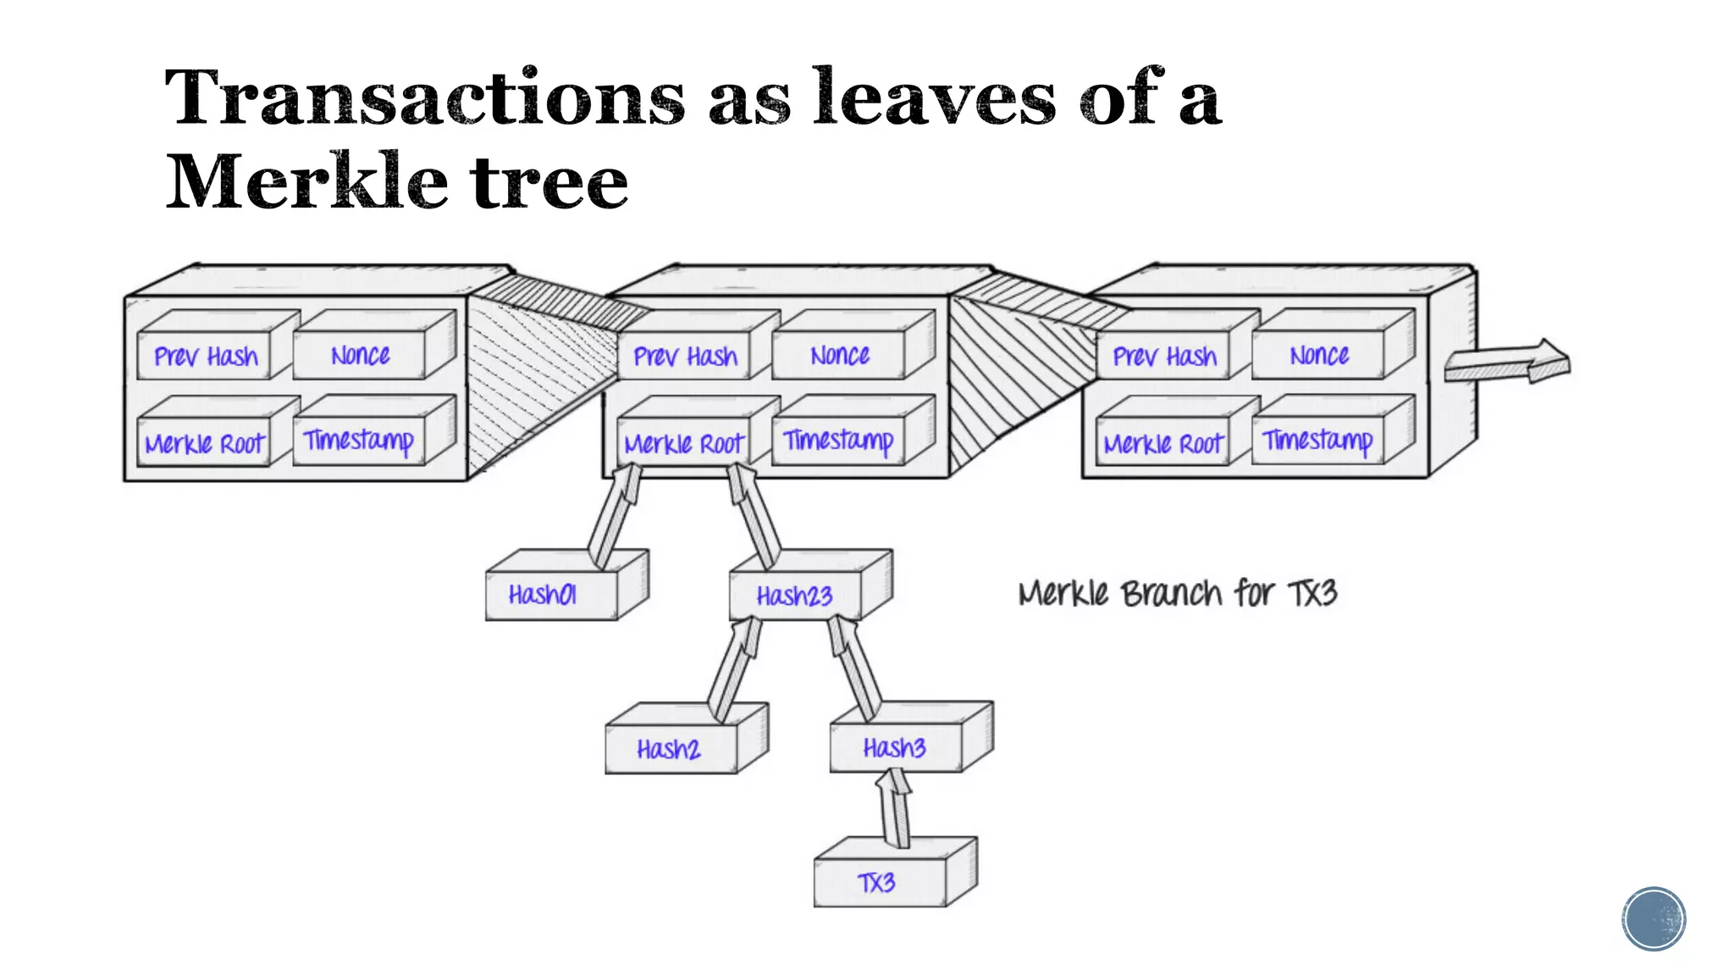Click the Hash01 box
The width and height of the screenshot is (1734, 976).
551,596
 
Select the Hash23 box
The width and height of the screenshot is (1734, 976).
795,596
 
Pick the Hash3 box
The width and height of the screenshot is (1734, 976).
896,748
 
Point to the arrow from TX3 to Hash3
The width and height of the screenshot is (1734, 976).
894,808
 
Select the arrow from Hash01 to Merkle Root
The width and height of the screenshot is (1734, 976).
615,517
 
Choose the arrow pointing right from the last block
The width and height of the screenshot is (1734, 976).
1507,363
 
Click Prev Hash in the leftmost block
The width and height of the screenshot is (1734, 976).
206,357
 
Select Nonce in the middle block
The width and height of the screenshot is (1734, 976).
840,356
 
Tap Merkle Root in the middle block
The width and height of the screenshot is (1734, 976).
684,444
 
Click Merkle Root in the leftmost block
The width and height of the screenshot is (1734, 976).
205,444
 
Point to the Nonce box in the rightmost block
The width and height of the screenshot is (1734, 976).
1319,356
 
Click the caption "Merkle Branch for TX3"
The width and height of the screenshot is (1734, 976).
1177,593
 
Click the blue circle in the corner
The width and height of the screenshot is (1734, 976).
1654,918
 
